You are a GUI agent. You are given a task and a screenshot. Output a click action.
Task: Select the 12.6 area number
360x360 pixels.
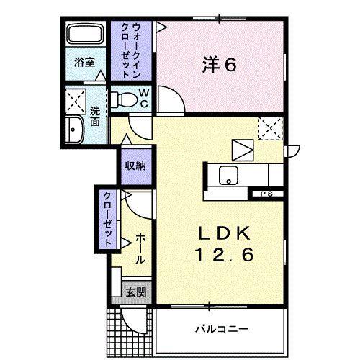click(225, 256)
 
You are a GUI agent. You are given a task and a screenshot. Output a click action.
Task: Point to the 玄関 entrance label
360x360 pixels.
click(136, 292)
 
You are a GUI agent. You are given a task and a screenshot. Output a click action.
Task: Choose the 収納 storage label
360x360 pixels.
click(135, 166)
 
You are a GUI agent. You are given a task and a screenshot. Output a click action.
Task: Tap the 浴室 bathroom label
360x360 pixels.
click(84, 62)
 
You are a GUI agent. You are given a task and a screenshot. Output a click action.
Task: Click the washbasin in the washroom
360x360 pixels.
click(74, 130)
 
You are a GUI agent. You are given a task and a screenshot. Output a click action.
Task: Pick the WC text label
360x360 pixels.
click(143, 98)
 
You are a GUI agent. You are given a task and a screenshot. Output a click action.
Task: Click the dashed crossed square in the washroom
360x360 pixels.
click(75, 99)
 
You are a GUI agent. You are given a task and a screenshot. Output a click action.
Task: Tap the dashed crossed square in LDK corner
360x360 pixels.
click(271, 128)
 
